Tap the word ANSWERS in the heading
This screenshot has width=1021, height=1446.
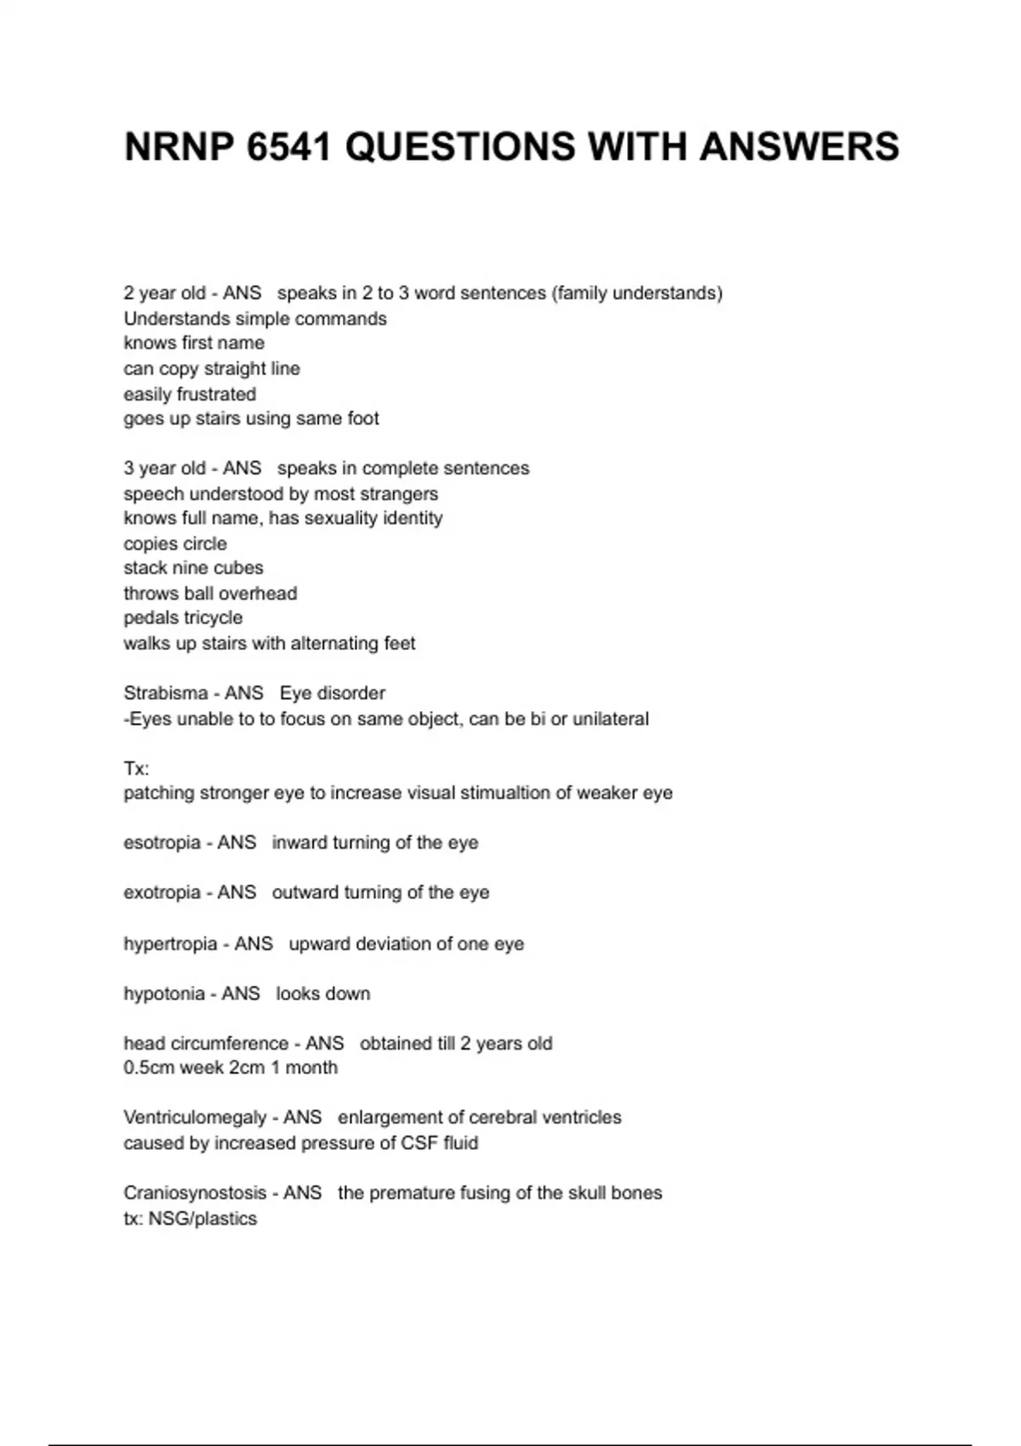click(x=799, y=147)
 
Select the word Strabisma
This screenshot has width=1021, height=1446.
click(x=165, y=693)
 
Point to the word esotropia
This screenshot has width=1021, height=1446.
click(x=162, y=843)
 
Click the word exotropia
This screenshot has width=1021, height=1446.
click(x=162, y=892)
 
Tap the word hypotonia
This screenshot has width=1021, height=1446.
click(x=164, y=993)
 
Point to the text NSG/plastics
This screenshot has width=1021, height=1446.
click(x=202, y=1219)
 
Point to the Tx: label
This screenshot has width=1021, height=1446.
click(x=136, y=769)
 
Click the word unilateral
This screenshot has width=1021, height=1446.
click(x=610, y=719)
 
